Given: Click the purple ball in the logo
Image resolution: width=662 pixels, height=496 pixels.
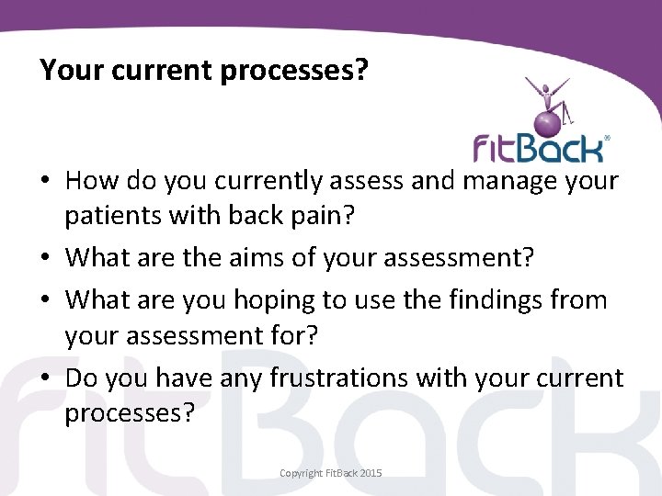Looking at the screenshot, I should click(549, 120).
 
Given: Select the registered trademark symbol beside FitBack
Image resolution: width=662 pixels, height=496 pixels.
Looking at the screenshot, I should click(606, 138).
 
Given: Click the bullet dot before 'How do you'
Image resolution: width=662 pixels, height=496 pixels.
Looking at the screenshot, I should click(45, 183).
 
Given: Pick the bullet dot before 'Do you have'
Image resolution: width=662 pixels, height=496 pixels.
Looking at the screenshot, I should click(45, 379).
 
